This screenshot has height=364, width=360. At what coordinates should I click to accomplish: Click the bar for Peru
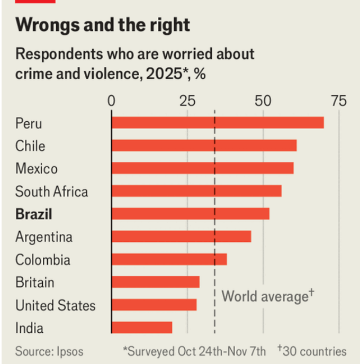point(218,123)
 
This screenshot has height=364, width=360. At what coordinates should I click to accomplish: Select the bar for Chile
point(204,145)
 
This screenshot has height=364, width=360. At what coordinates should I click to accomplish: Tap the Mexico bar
point(202,168)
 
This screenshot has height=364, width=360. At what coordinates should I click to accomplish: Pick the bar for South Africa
point(196,191)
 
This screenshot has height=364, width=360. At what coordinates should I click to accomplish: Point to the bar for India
point(142,327)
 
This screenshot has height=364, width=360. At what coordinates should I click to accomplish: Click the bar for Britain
point(156,282)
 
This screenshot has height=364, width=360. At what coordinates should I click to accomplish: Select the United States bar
point(154,305)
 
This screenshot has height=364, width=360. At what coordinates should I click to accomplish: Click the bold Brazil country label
point(34,214)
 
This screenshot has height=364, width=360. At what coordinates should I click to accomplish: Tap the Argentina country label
point(44,237)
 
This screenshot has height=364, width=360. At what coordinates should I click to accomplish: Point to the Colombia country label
point(42,260)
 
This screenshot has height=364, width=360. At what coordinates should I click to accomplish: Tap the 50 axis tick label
point(263,101)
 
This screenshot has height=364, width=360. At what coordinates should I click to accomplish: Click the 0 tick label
point(112,101)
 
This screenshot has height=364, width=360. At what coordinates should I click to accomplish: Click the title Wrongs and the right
point(102,25)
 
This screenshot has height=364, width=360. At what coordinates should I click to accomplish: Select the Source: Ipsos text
point(49,351)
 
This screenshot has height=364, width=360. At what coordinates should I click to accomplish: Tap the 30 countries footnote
point(312,351)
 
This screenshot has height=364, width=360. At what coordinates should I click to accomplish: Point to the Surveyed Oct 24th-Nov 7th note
point(195,351)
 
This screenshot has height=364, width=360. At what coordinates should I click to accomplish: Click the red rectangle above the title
point(35,2)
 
